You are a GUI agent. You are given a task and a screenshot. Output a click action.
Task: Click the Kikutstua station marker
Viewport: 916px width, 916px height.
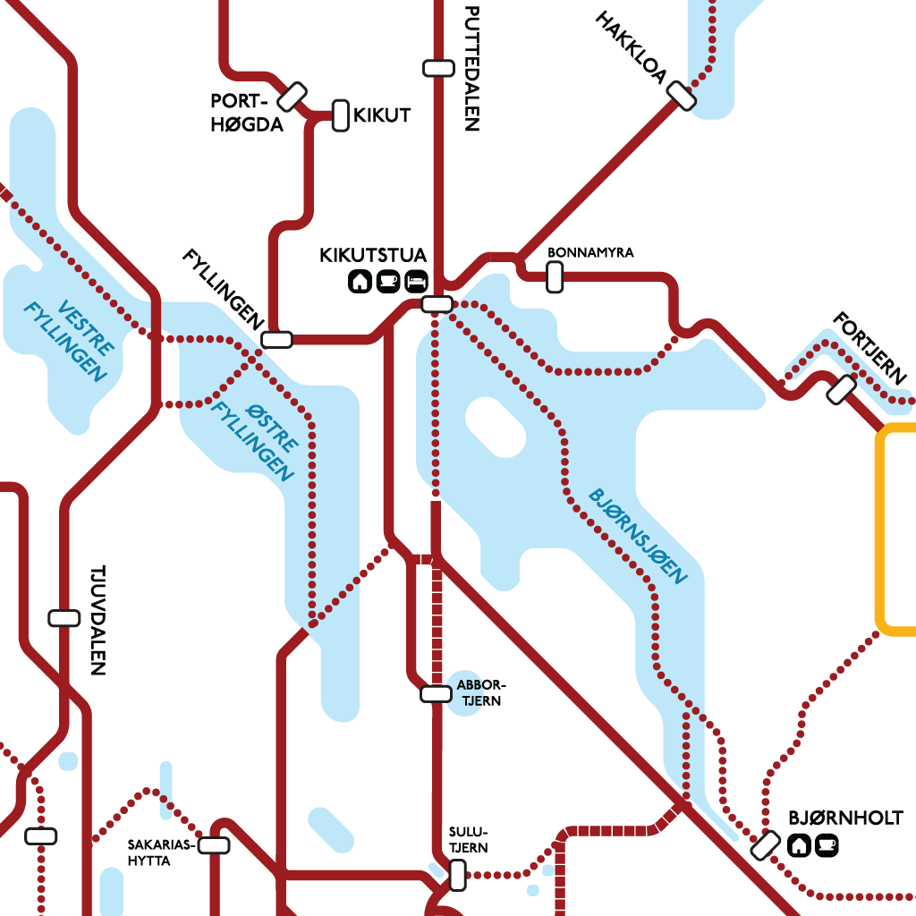[x=437, y=304]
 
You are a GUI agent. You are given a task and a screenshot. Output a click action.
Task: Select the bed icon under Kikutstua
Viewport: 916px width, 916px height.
[x=416, y=282]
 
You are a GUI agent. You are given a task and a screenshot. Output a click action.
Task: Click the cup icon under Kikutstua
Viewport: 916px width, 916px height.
[x=388, y=282]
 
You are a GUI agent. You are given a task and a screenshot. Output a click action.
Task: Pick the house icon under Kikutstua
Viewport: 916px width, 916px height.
[x=360, y=282]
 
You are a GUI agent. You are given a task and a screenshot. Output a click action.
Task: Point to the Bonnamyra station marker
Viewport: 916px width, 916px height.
[x=555, y=277]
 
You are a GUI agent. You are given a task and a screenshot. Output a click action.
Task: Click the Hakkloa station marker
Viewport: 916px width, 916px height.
[x=681, y=96]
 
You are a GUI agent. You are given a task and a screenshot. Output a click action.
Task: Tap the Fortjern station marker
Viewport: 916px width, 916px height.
[x=842, y=389]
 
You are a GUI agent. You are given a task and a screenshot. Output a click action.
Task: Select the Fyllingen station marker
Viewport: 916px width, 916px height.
[x=276, y=339]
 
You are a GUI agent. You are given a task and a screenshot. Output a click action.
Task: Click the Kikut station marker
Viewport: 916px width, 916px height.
[x=340, y=115]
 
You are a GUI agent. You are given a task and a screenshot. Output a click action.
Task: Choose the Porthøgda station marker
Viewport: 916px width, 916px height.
[x=293, y=96]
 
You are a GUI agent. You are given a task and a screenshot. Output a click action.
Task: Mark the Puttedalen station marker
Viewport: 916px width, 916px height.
[x=437, y=68]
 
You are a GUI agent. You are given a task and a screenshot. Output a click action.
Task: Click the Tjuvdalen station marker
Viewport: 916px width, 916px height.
[x=64, y=617]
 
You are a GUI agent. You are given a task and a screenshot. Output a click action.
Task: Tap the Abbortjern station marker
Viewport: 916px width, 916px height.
[x=436, y=693]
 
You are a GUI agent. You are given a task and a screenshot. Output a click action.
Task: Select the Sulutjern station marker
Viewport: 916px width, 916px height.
[x=457, y=875]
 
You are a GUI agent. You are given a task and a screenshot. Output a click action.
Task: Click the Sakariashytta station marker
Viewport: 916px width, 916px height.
[x=214, y=845]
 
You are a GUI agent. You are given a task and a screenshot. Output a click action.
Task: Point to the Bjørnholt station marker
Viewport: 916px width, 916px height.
[x=766, y=845]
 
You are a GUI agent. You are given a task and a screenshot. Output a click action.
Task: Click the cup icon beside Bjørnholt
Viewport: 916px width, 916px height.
[x=827, y=844]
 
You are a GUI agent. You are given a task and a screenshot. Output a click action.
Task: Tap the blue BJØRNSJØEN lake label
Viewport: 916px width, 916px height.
[x=638, y=536]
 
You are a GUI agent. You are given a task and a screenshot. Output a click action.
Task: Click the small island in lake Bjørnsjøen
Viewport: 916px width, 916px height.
[x=495, y=427]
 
